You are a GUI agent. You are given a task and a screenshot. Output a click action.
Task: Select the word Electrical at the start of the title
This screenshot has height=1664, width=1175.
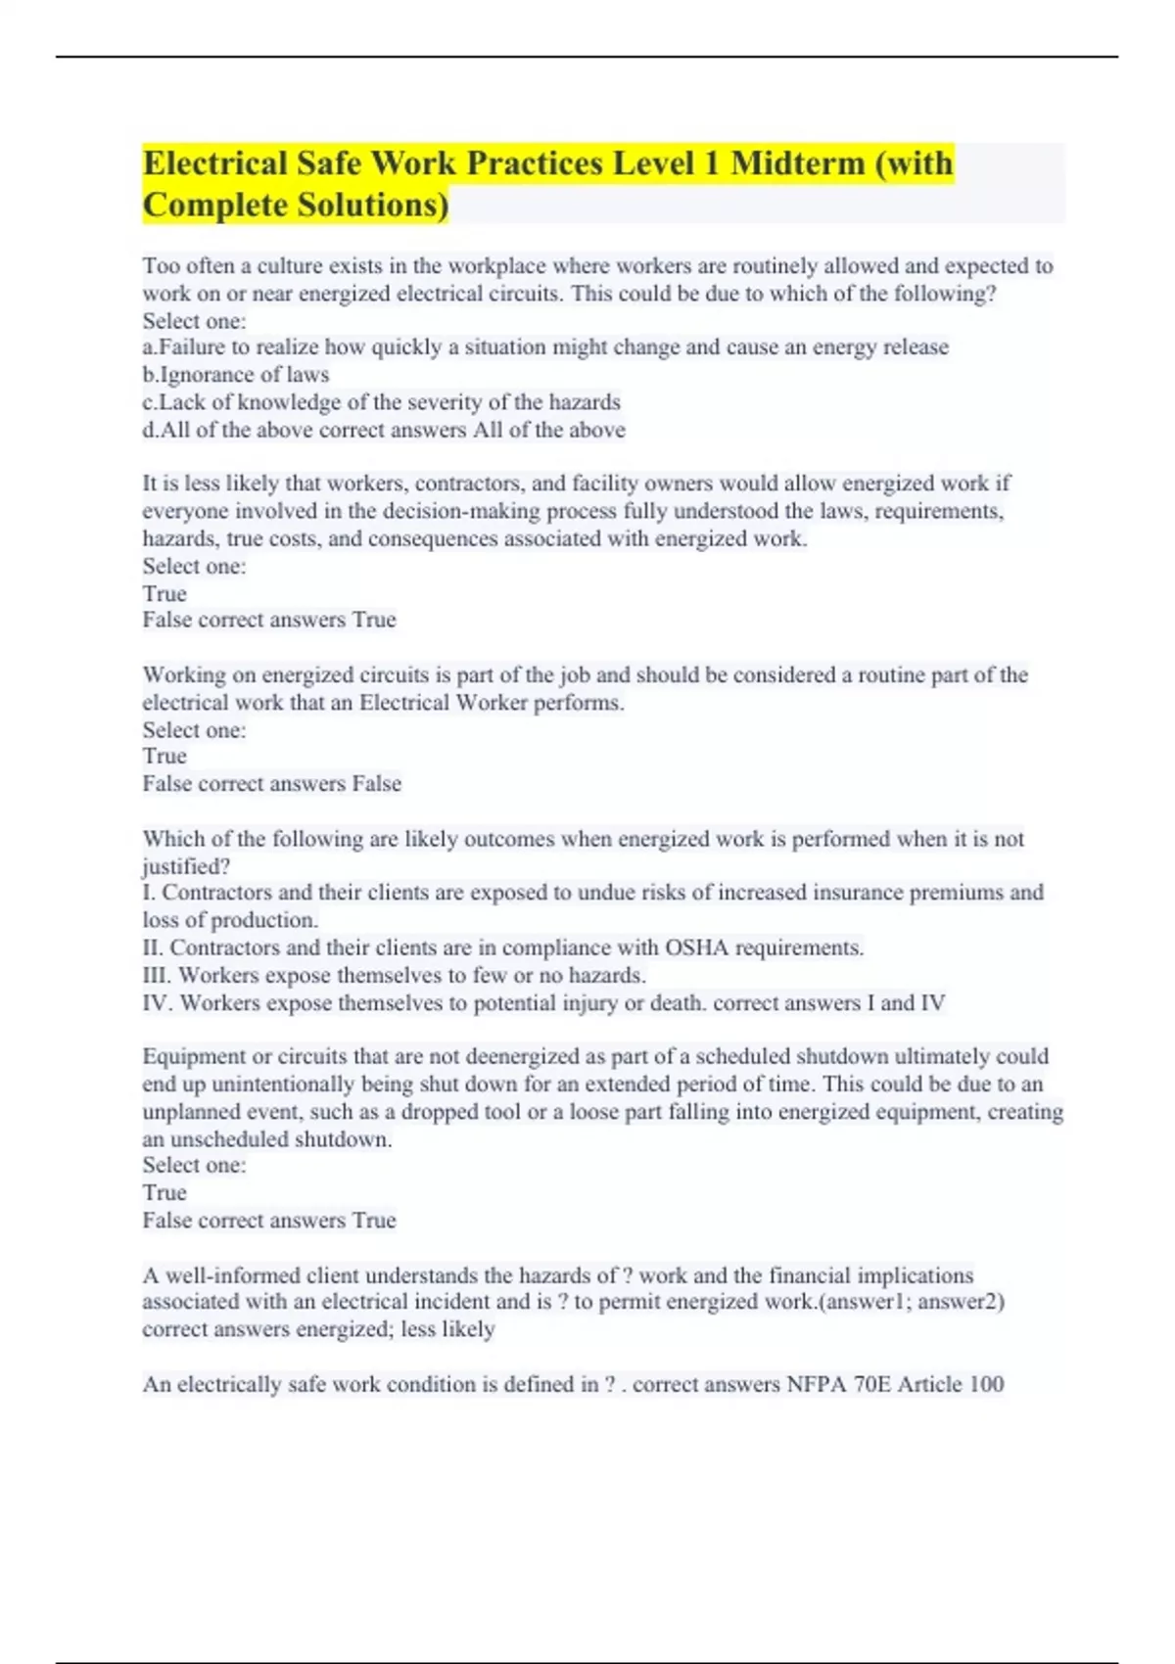[214, 162]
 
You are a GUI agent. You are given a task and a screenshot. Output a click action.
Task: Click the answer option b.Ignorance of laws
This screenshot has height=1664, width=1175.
[236, 374]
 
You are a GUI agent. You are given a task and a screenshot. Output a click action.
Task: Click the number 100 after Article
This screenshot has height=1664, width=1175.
[986, 1384]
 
